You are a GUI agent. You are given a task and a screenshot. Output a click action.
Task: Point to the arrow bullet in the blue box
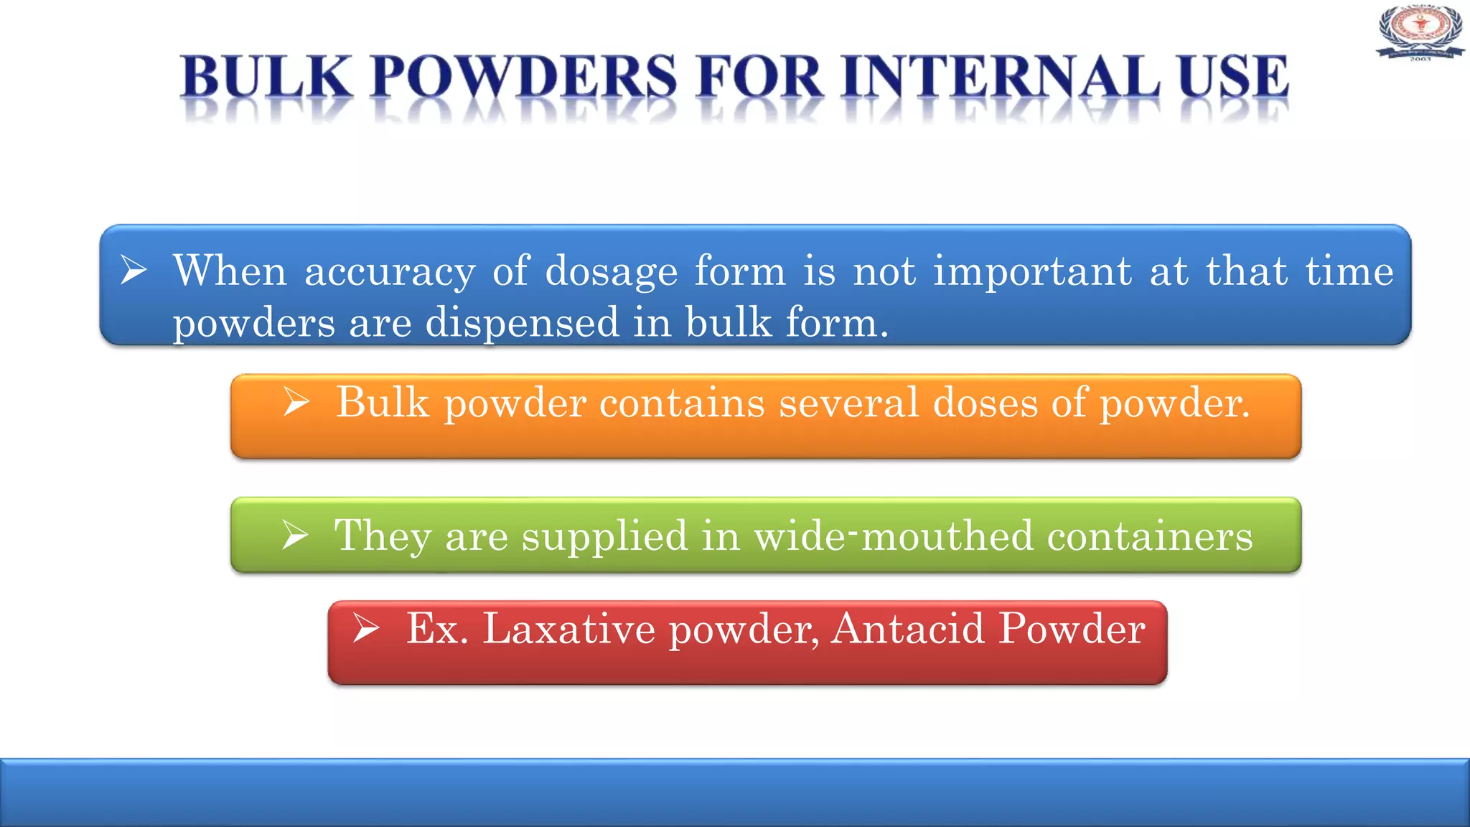point(134,270)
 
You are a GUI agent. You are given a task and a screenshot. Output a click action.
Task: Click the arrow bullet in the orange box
point(296,401)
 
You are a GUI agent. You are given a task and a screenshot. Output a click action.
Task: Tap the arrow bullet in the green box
point(295,535)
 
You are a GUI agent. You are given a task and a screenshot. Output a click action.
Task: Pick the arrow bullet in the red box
point(366,628)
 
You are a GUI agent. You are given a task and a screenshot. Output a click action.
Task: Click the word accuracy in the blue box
point(390,272)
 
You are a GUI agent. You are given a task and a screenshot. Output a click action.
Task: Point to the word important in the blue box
point(1032,272)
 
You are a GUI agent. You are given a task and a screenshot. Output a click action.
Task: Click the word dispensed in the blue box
point(522,322)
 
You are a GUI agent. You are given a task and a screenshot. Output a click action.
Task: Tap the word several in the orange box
point(848,401)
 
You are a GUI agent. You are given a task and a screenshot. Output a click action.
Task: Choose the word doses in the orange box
point(985,401)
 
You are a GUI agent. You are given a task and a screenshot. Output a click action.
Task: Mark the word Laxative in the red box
point(568,628)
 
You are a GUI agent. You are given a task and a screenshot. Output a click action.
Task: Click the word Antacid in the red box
point(908,628)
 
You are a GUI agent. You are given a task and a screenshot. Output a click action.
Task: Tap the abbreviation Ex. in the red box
point(437,628)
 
